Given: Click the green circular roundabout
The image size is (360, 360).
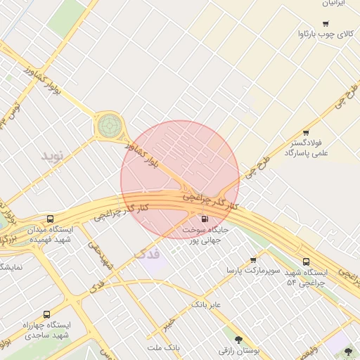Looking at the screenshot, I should (109, 126).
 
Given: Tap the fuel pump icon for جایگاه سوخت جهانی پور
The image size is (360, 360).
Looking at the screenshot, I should (204, 219).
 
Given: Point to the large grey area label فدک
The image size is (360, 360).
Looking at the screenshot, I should (146, 252).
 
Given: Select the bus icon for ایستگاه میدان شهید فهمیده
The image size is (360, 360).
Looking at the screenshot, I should (49, 219).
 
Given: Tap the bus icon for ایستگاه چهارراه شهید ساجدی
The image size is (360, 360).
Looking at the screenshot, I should (46, 314).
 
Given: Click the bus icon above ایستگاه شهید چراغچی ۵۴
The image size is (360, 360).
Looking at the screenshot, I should (306, 262).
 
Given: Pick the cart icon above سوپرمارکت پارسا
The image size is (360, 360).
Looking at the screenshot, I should (253, 260).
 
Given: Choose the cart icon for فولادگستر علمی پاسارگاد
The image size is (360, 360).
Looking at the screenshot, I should (306, 133).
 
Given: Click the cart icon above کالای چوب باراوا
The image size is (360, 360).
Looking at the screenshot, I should (325, 23).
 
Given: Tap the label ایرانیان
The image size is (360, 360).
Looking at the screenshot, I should (331, 4).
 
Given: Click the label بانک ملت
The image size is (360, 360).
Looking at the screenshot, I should (165, 348).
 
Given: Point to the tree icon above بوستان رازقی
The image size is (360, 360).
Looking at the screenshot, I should (239, 339).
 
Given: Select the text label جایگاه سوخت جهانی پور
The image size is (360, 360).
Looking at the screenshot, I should (205, 235).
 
